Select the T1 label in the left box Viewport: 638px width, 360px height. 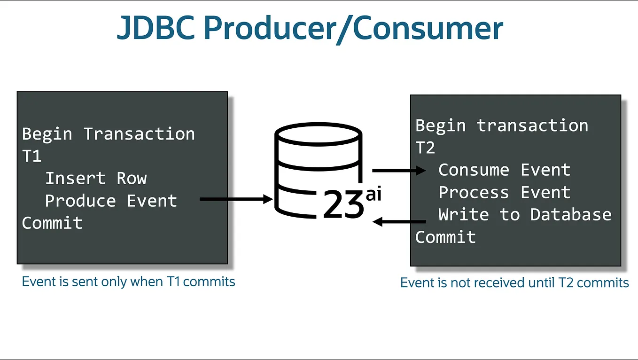[x=32, y=156]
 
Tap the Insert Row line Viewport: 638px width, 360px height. [x=96, y=179]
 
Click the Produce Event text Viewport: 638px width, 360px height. [x=111, y=201]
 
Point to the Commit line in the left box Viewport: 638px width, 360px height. [x=52, y=223]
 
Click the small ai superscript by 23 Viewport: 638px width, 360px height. [x=373, y=194]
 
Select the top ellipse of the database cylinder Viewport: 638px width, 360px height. [x=319, y=133]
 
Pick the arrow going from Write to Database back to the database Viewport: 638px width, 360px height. [x=399, y=221]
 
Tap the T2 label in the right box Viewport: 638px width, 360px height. [x=425, y=148]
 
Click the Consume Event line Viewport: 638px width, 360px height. [x=504, y=170]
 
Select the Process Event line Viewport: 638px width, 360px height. [x=504, y=192]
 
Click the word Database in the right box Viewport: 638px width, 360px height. [x=571, y=215]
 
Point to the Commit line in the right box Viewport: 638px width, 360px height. [x=445, y=237]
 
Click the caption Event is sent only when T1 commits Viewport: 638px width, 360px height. [x=128, y=282]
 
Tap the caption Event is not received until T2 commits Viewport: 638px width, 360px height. [x=514, y=282]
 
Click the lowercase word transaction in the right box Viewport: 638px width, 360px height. [x=532, y=125]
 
